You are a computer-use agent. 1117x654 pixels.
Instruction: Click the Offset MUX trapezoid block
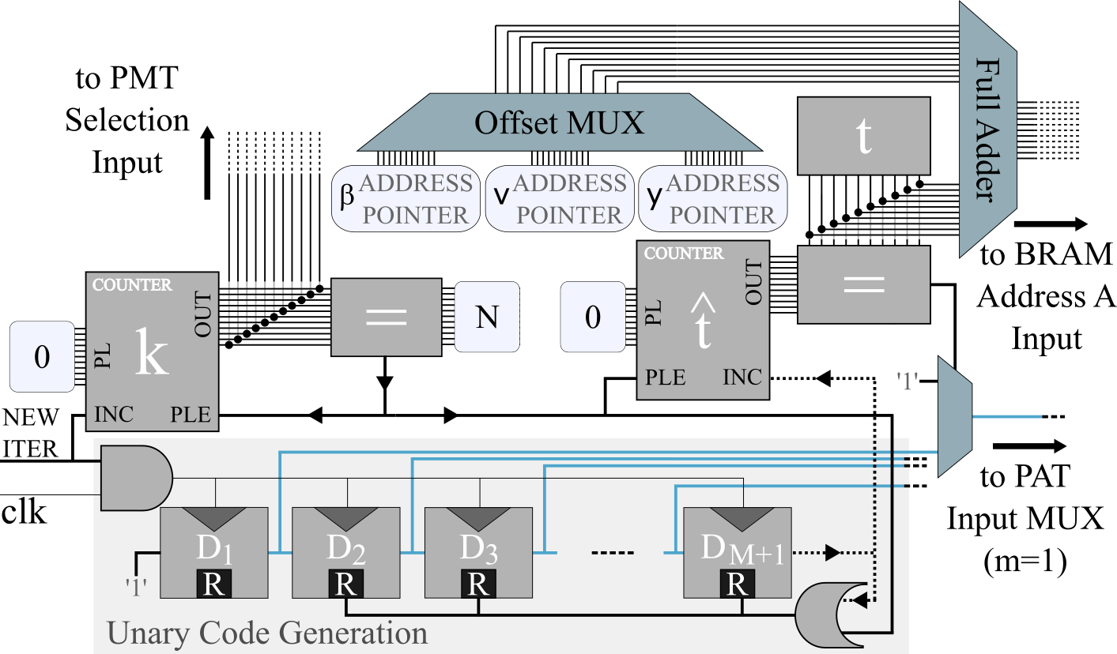click(x=560, y=122)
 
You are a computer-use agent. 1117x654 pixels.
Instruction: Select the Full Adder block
click(x=987, y=130)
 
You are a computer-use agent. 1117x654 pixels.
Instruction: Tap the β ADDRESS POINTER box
click(x=406, y=199)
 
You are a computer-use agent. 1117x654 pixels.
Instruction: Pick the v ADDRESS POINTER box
click(x=560, y=199)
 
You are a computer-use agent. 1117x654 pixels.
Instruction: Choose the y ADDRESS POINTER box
click(x=713, y=199)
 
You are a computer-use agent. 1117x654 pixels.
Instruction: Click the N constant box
click(x=487, y=317)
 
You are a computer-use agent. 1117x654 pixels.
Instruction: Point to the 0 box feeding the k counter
click(x=42, y=357)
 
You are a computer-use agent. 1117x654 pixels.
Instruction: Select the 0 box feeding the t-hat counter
click(x=593, y=317)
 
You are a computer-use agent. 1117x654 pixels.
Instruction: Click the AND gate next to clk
click(x=137, y=478)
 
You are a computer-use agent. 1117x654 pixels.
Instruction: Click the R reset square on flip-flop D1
click(x=214, y=583)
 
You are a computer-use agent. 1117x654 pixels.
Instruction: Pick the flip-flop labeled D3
click(x=479, y=553)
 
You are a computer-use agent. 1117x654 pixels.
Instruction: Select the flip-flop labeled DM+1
click(x=738, y=553)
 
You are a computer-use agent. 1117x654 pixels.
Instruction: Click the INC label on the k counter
click(x=114, y=415)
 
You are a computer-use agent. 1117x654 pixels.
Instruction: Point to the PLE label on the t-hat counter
click(x=665, y=377)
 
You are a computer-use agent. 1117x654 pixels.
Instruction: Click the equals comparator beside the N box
click(x=387, y=318)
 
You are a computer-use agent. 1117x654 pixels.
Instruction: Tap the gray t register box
click(x=864, y=136)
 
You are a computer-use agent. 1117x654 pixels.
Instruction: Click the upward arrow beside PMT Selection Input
click(x=207, y=163)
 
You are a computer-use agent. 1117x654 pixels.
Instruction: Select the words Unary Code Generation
click(x=267, y=633)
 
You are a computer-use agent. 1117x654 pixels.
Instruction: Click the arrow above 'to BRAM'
click(x=1051, y=224)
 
